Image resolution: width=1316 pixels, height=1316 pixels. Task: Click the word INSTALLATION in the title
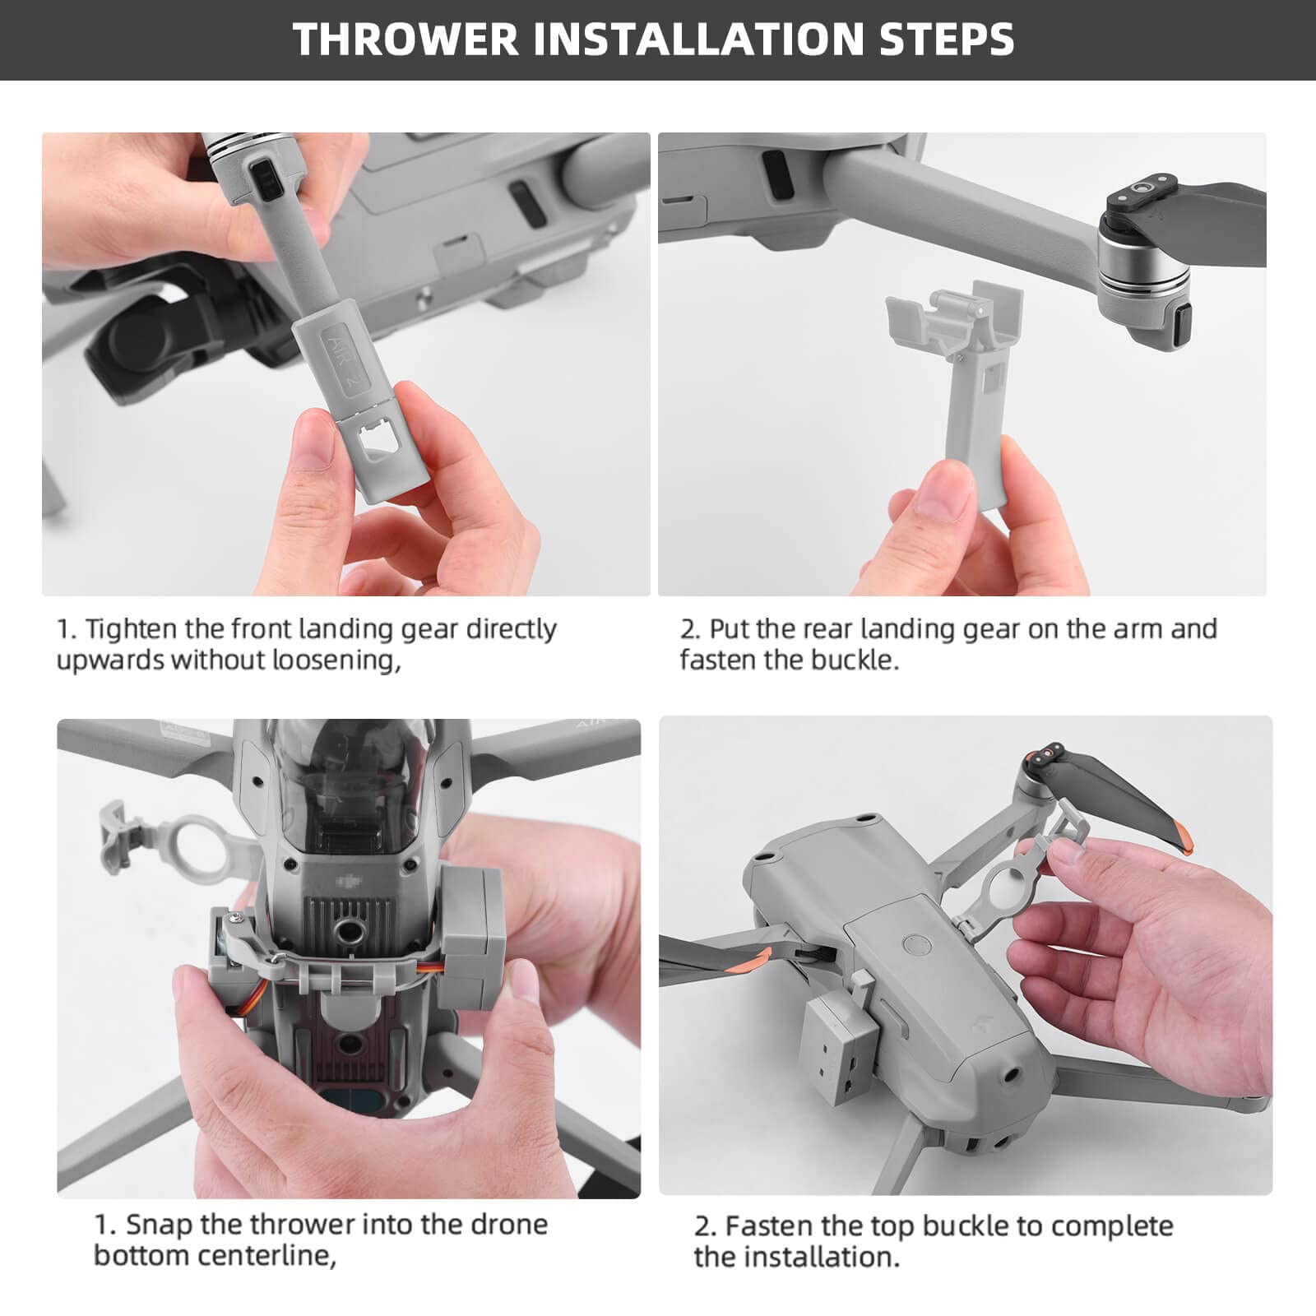698,39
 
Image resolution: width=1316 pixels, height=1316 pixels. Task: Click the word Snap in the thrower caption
159,1225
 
